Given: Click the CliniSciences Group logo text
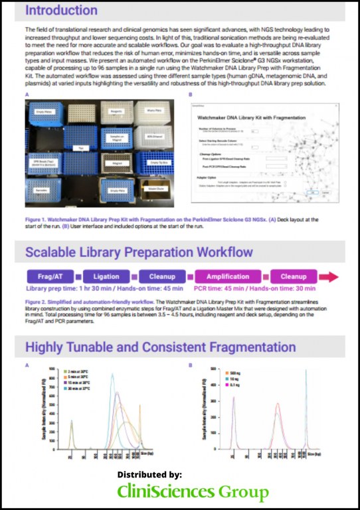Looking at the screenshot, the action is click(193, 492).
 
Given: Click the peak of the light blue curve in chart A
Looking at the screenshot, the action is click(112, 375).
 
